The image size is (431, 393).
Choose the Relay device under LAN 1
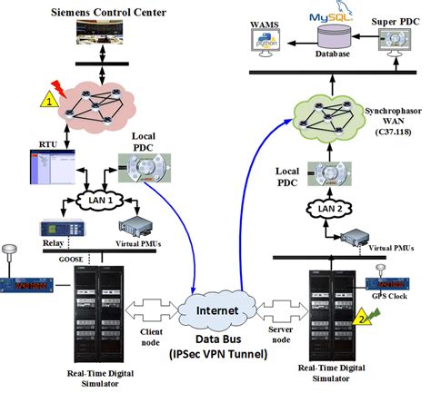coord(60,231)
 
